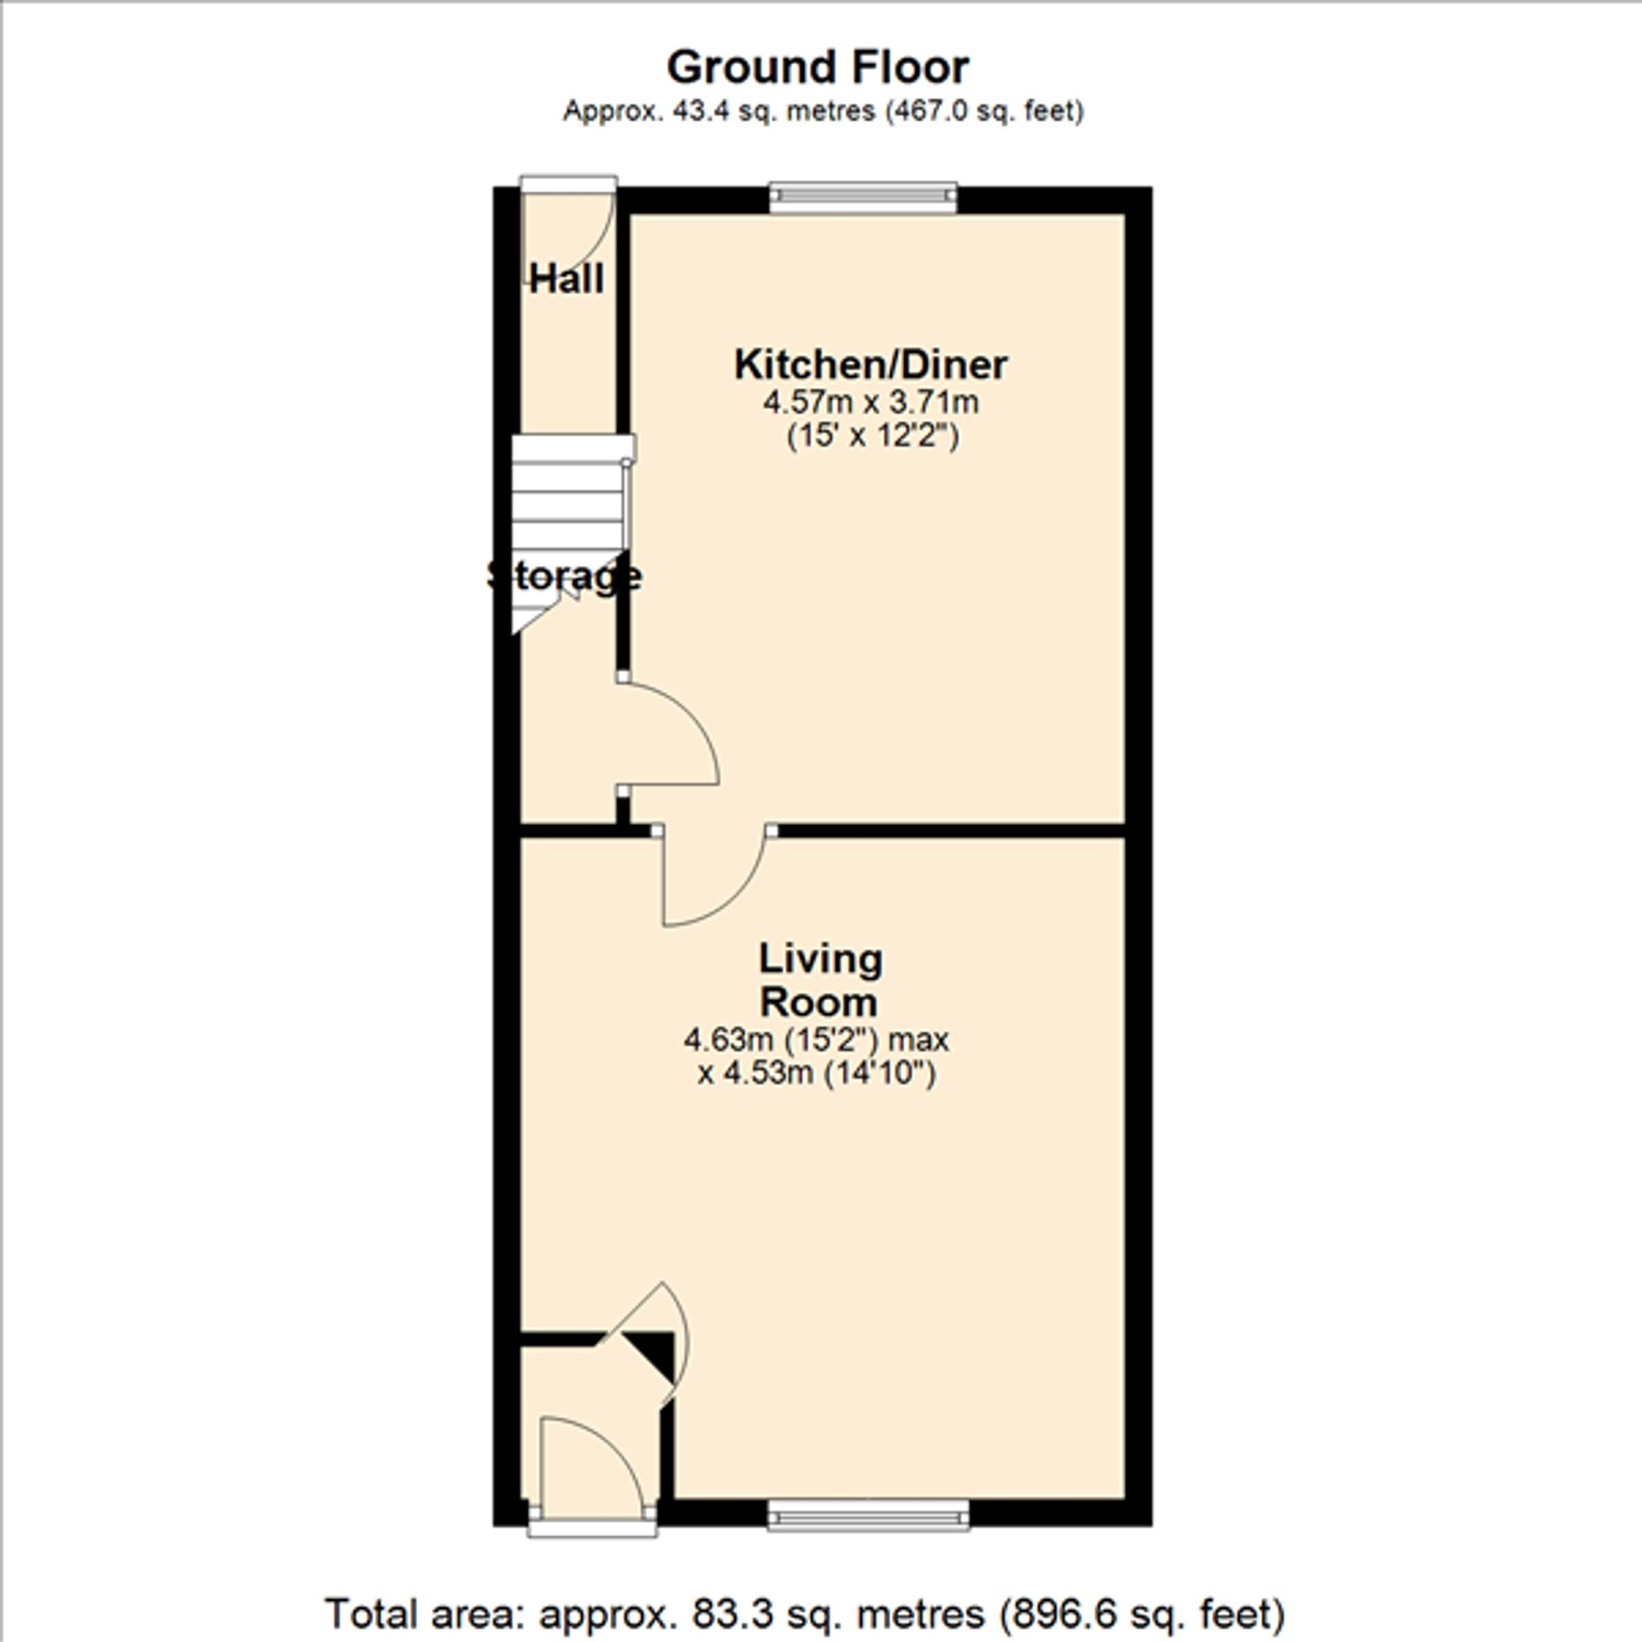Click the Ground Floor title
point(818,68)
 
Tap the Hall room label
point(566,279)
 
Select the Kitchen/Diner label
point(870,365)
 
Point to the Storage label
point(564,576)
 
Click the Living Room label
point(819,980)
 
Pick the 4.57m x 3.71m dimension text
point(870,402)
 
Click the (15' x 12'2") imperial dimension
point(872,437)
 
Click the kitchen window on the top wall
point(863,197)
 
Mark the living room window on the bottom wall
point(868,1515)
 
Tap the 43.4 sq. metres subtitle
point(823,112)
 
